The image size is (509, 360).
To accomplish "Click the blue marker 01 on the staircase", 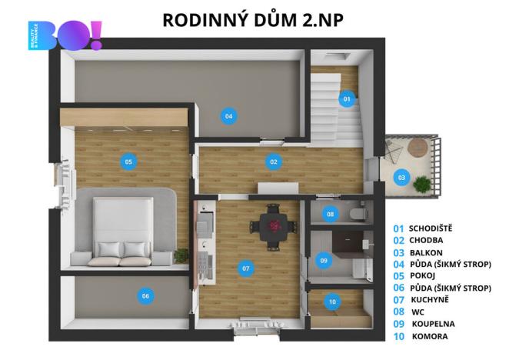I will point(347,99).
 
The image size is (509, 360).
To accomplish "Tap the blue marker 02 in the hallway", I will point(273,162).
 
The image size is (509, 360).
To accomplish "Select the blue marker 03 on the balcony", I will point(401,177).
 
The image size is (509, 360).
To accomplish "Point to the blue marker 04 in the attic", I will point(228,117).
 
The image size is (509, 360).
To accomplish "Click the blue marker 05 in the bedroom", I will point(129,162).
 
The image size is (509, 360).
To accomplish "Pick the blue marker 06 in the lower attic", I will point(144,295).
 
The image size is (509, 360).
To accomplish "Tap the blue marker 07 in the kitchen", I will point(245,268).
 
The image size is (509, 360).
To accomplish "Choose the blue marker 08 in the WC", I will point(331,214).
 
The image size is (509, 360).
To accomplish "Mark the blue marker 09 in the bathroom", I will point(324,262).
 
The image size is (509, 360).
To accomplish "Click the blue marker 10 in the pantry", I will point(331,302).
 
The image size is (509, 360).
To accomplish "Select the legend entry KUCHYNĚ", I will point(434,300).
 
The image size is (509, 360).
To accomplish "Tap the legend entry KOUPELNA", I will point(436,324).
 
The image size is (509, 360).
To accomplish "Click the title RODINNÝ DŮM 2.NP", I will point(253,20).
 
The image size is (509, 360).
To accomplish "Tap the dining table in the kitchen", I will point(274,226).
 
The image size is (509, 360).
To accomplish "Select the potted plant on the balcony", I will point(422,184).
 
